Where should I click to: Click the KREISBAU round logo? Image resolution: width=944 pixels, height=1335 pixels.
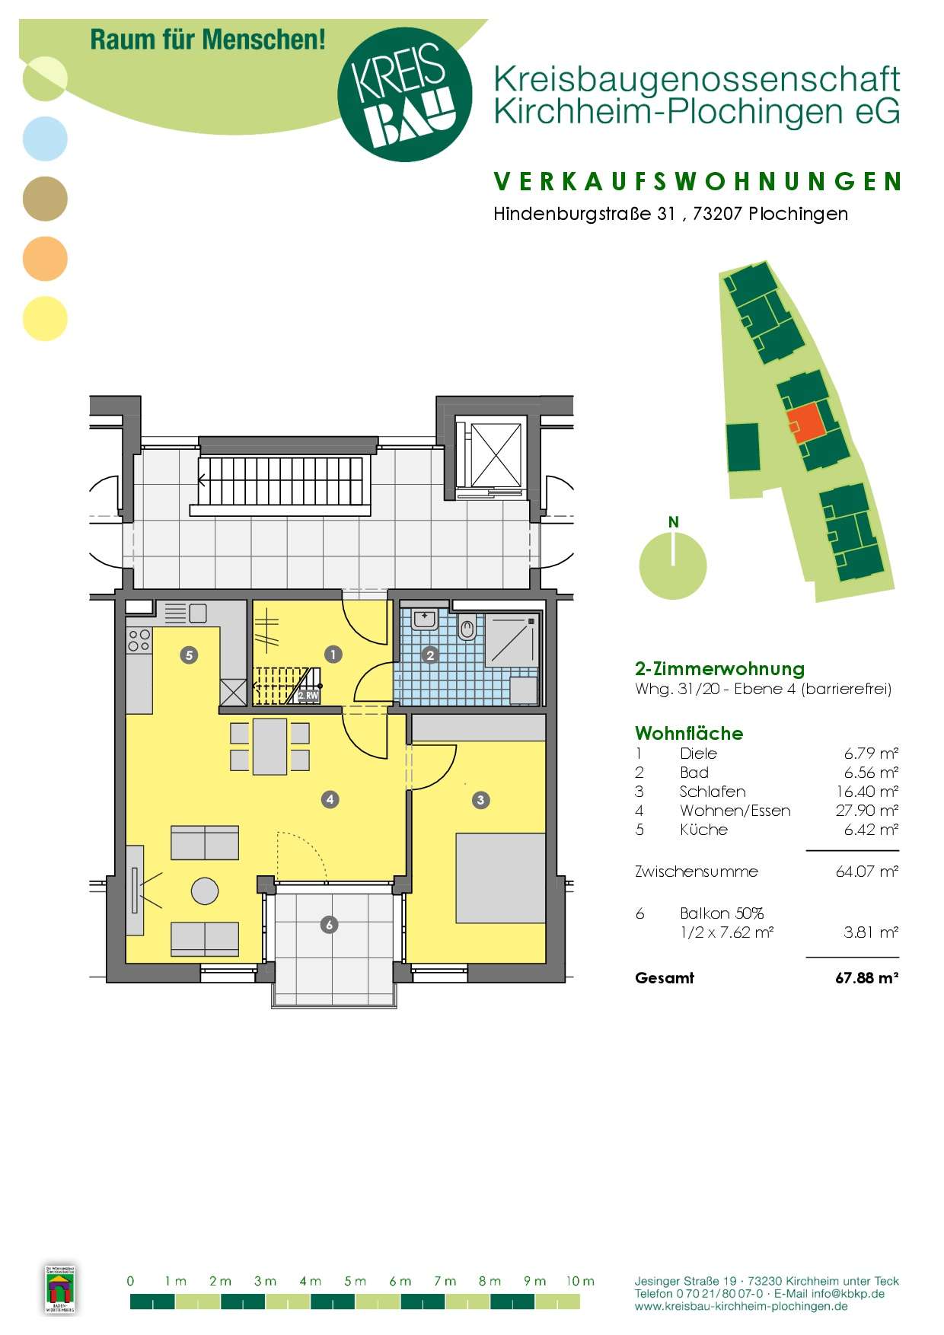404,94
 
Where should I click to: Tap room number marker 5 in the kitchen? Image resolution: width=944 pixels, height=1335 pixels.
189,655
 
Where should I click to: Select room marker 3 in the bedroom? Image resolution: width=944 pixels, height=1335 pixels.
480,800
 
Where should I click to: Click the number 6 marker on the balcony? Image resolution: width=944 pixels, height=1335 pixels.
329,925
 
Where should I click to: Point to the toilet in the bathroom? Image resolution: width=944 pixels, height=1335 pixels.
467,629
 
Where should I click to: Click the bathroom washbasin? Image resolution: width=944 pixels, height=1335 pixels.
425,619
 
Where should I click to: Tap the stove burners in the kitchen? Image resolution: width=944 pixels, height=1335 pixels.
139,640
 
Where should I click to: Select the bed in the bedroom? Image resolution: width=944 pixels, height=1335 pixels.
500,878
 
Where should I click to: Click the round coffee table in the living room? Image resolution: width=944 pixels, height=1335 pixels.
205,891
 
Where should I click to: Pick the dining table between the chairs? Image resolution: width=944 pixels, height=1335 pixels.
269,747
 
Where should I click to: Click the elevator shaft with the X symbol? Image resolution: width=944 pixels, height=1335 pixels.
496,455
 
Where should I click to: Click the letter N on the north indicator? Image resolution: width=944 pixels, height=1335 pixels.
673,522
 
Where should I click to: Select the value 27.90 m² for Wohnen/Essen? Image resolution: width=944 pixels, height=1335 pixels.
866,811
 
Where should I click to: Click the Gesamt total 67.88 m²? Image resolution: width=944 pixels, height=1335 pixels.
866,978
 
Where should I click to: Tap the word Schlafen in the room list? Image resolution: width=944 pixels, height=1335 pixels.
712,792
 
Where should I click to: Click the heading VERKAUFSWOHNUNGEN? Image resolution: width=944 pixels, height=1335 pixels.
697,181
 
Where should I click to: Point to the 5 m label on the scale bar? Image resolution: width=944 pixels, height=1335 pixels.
355,1281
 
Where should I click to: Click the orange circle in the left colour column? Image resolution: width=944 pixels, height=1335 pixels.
45,259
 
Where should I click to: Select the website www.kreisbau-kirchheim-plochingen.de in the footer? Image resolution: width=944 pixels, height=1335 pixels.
741,1306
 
